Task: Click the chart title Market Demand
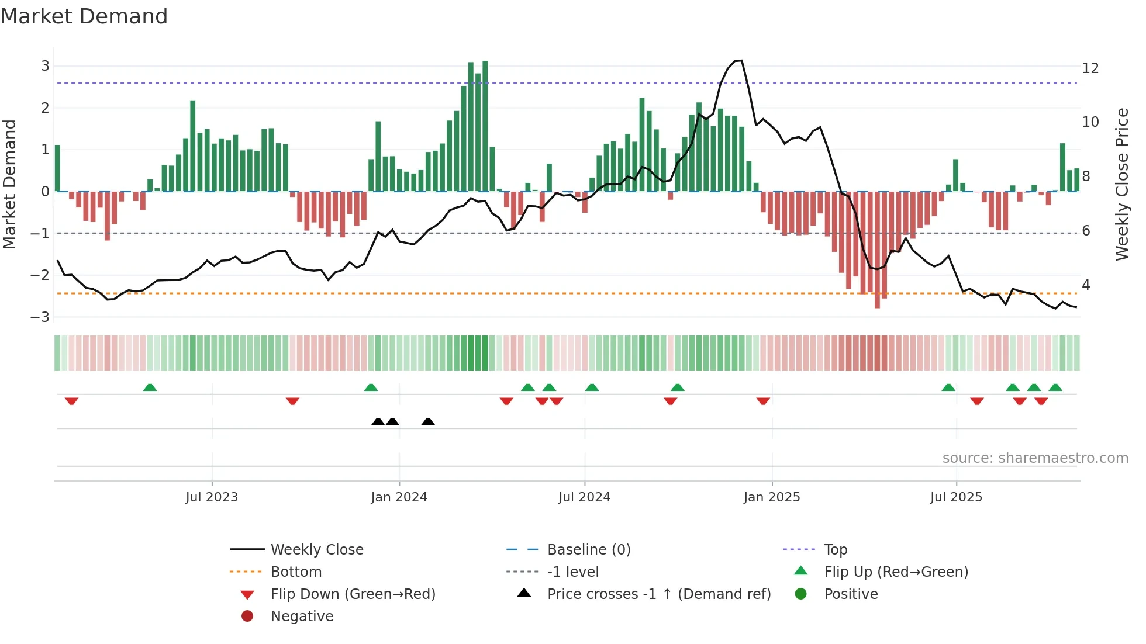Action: [x=84, y=16]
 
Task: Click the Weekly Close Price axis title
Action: [x=1121, y=184]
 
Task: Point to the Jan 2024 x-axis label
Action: [x=399, y=497]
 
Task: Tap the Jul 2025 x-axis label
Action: [x=956, y=497]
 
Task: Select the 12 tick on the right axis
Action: [x=1090, y=68]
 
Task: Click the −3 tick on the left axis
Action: [x=40, y=317]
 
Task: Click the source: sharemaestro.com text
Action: [x=1035, y=458]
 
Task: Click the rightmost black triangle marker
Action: [x=428, y=422]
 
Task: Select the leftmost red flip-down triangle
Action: [x=71, y=401]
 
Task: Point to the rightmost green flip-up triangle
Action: [x=1055, y=387]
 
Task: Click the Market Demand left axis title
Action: [x=9, y=184]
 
